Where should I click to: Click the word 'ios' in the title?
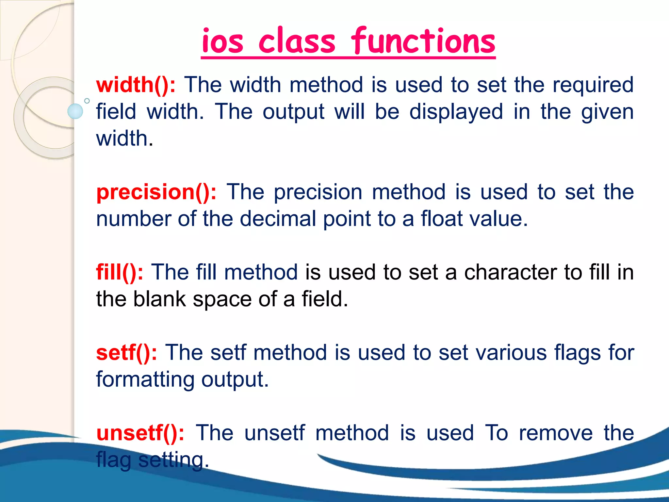tap(222, 42)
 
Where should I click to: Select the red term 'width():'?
tap(136, 85)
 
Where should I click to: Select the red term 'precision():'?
tap(156, 192)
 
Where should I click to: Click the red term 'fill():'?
tap(120, 272)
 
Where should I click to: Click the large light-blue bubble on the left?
tap(75, 111)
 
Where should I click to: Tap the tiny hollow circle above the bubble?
tap(87, 101)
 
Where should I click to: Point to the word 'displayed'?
tap(456, 112)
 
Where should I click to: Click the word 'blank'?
tap(159, 299)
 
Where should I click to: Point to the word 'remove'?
tap(556, 433)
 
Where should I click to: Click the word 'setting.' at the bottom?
tap(173, 460)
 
